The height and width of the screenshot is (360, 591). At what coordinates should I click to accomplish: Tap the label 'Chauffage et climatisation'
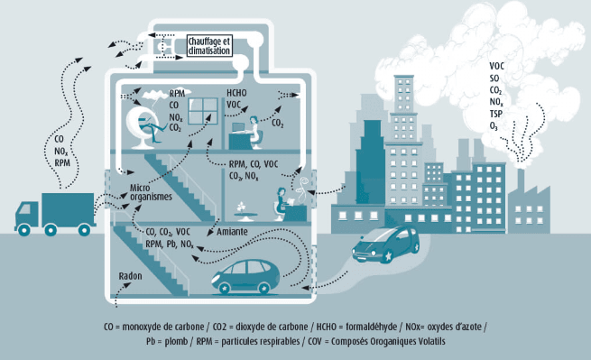208,46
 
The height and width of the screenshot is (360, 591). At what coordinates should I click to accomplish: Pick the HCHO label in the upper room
235,93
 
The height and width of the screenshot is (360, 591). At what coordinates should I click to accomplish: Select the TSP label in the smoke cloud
496,115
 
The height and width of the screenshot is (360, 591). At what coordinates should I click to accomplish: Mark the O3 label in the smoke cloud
494,127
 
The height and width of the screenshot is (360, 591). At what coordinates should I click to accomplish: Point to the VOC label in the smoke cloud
497,66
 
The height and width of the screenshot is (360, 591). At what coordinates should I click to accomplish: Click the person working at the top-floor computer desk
255,129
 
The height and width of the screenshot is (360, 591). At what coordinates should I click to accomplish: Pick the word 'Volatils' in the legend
427,342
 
